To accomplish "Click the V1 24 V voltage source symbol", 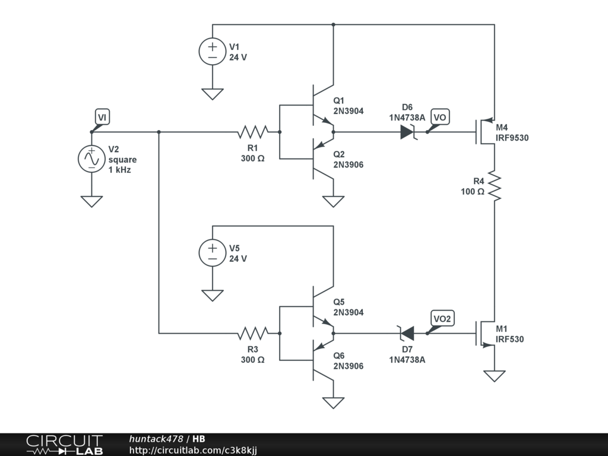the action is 213,52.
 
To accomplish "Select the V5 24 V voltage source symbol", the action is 213,253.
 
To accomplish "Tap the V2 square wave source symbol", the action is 91,159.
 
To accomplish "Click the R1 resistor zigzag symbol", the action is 253,132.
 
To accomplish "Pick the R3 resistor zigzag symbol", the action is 253,333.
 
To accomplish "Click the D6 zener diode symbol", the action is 408,132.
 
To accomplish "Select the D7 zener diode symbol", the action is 407,333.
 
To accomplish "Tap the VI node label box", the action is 102,117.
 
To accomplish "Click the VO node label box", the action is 440,117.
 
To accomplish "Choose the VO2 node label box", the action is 442,318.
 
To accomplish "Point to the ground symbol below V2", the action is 91,201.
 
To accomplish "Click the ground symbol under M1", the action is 495,376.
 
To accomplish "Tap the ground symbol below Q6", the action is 333,403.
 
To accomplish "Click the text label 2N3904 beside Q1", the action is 349,111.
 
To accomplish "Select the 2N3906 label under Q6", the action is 349,366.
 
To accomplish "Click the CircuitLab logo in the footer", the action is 65,445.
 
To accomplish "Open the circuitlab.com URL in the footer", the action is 193,450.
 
